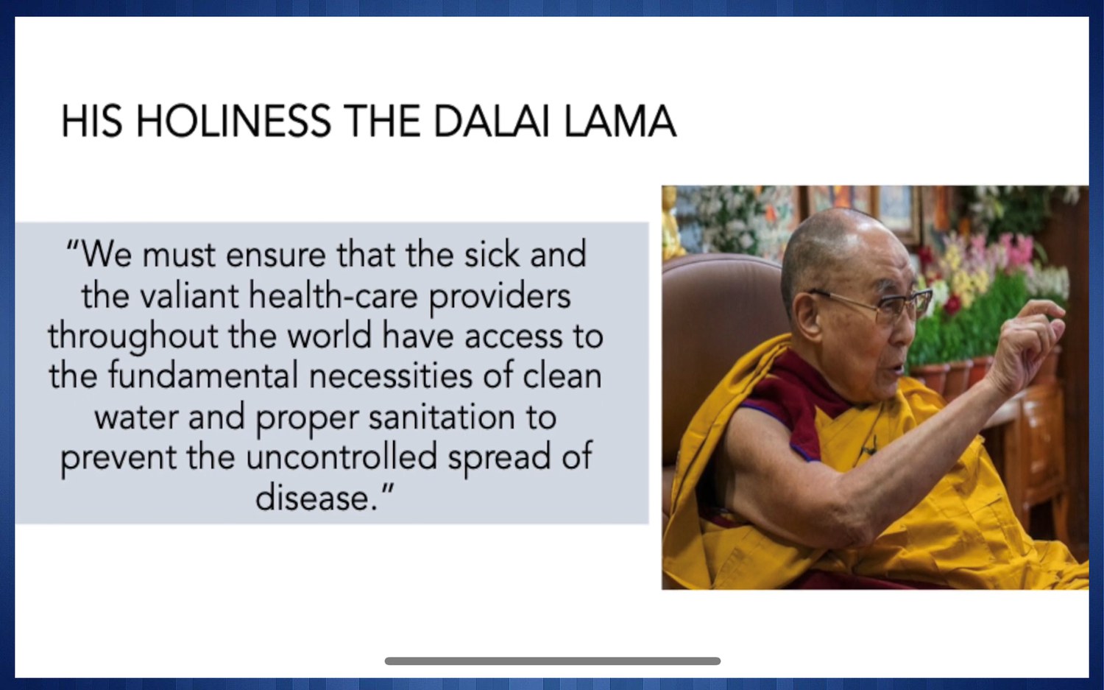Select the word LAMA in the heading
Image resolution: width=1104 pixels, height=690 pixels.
[x=620, y=122]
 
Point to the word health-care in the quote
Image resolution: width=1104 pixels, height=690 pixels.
[x=333, y=295]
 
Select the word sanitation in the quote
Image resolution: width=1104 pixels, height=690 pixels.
[x=442, y=418]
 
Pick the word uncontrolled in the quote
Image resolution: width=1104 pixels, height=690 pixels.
[x=342, y=457]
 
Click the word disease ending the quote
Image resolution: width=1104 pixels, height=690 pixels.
[x=313, y=497]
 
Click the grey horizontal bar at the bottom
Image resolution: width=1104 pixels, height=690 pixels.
[x=553, y=661]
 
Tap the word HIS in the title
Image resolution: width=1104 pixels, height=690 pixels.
[x=92, y=122]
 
